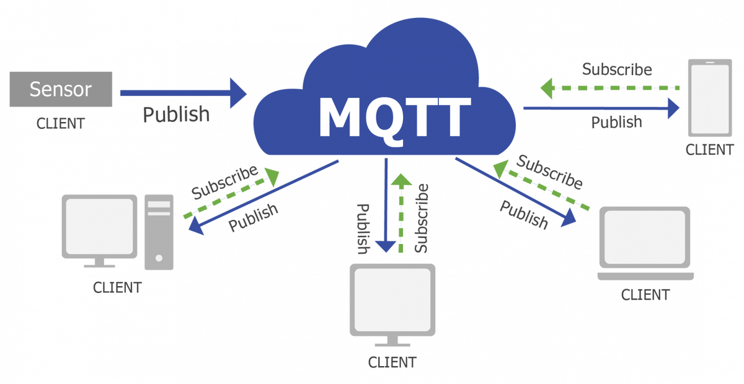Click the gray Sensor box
point(61,89)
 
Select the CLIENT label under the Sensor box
point(60,123)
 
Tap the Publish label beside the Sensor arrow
point(177,115)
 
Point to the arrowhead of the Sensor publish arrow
point(239,93)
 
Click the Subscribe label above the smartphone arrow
point(616,69)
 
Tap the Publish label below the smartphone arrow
point(616,122)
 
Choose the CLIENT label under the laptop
point(645,295)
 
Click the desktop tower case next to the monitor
point(159,231)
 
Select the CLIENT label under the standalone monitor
point(392,361)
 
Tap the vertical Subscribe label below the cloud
point(422,217)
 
